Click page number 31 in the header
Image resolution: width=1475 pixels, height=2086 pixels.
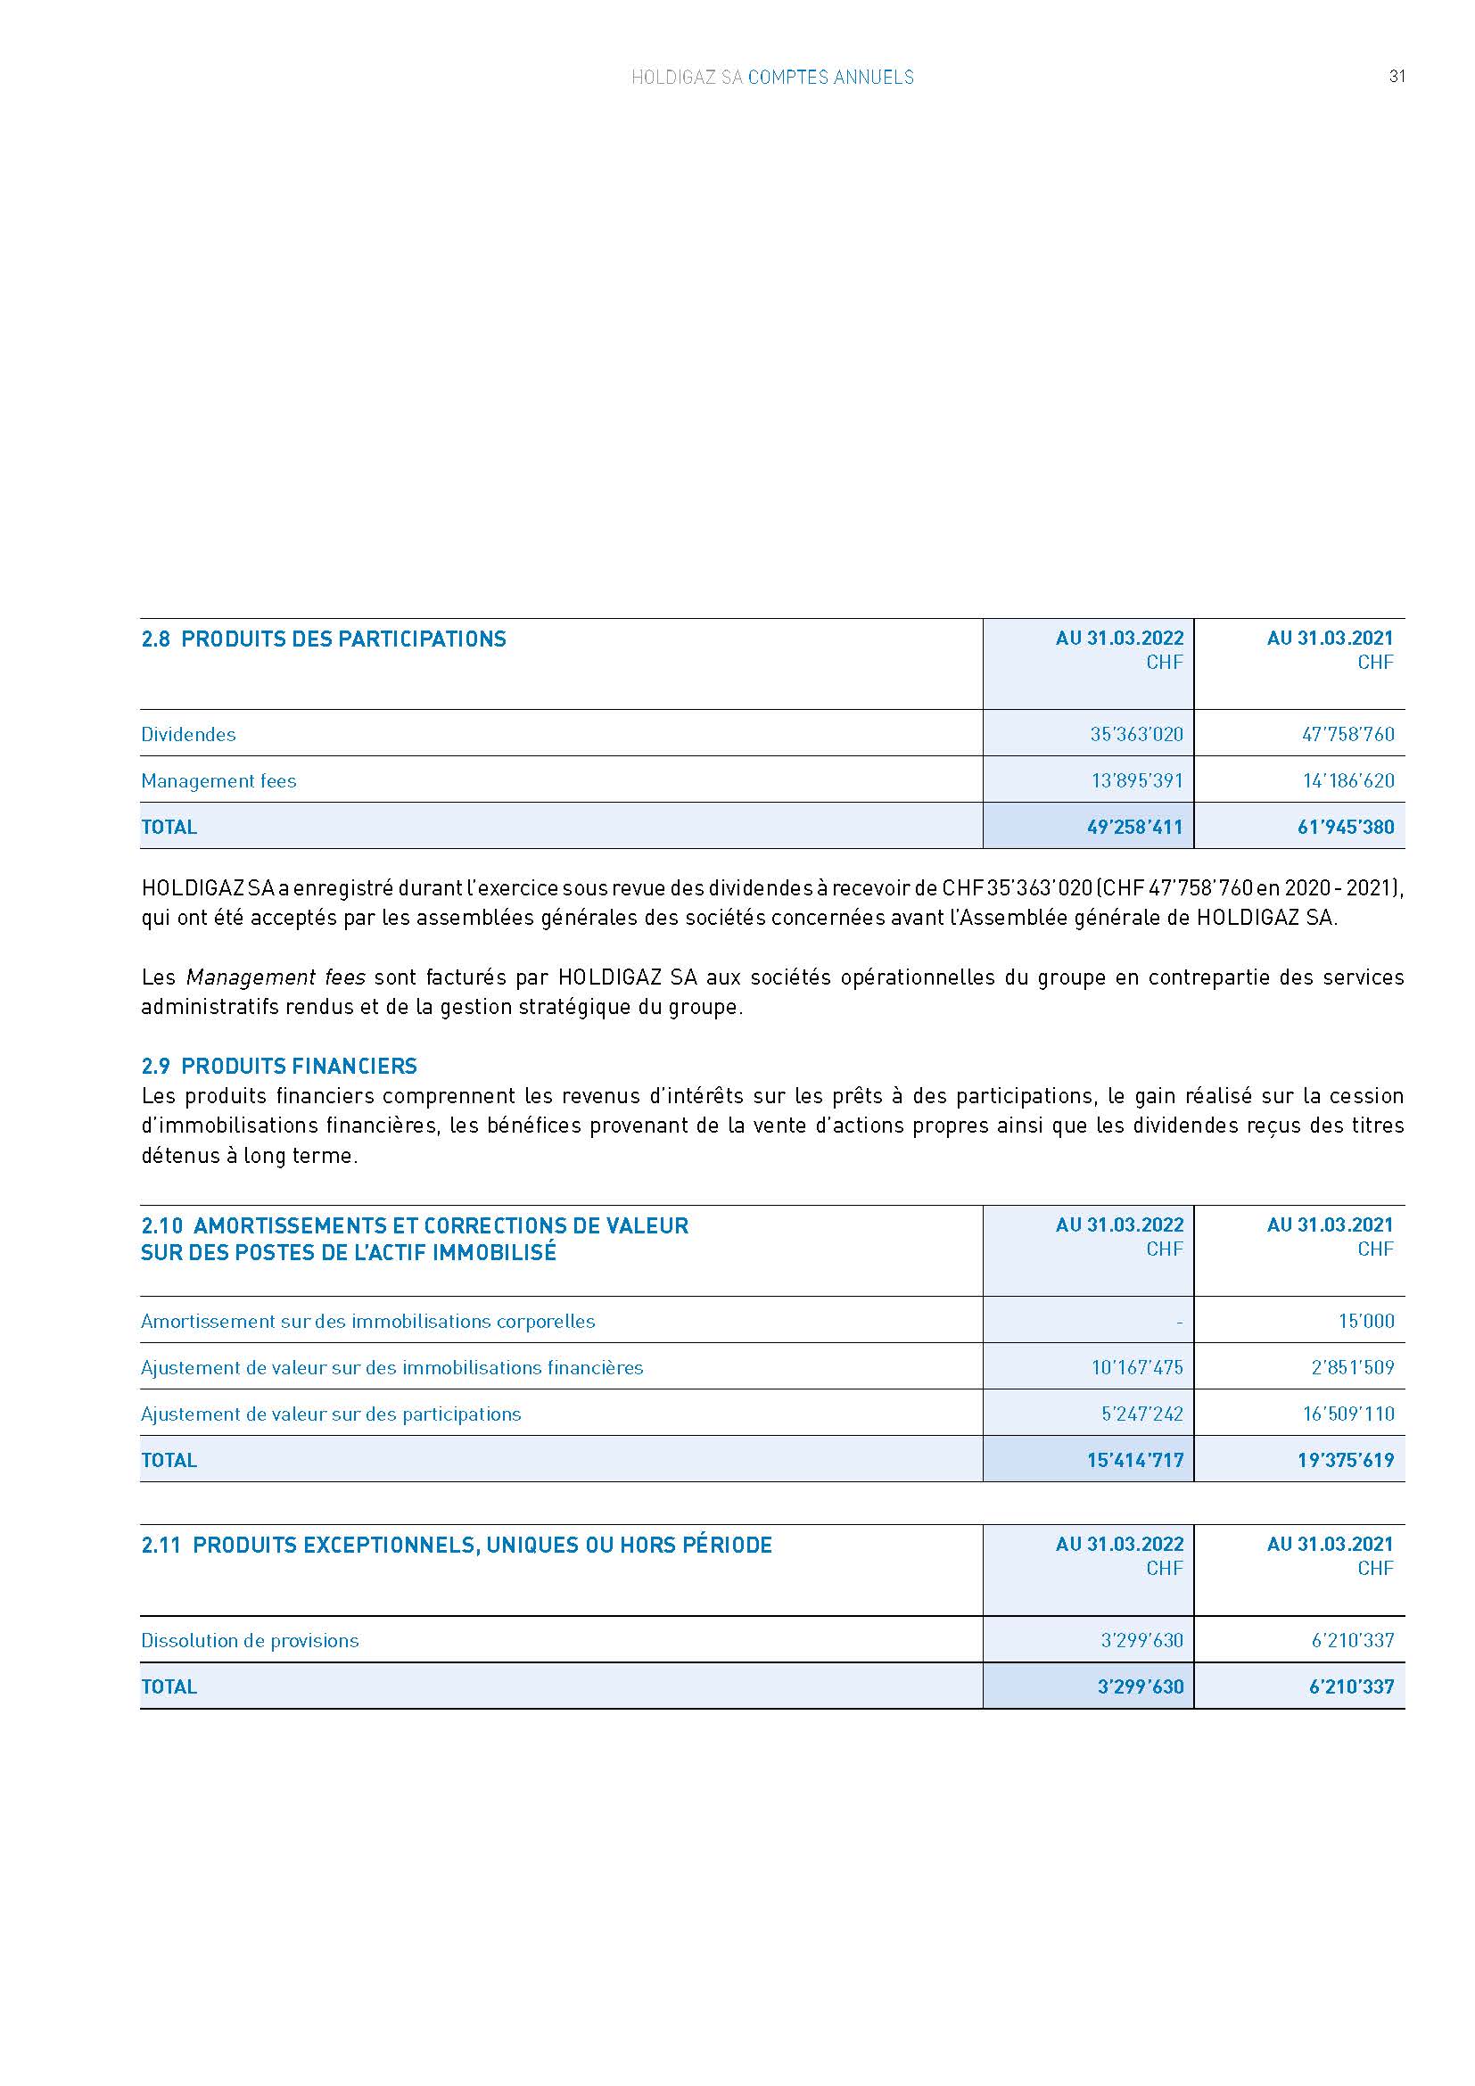point(1397,77)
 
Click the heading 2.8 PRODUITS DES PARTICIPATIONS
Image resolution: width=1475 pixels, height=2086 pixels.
point(324,639)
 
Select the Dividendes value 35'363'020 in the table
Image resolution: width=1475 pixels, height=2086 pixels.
point(1136,734)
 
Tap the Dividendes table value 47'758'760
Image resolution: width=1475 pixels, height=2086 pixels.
point(1347,734)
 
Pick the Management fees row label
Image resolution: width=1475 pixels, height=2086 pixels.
point(218,780)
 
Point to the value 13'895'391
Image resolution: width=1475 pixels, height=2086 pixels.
point(1136,780)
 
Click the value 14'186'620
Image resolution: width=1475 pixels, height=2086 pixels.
point(1347,780)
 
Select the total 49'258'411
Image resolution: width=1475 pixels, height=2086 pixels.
point(1134,827)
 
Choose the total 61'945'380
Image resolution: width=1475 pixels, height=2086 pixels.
point(1346,827)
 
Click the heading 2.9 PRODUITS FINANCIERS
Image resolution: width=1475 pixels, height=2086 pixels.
point(279,1066)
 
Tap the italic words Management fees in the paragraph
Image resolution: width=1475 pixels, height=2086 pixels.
point(276,977)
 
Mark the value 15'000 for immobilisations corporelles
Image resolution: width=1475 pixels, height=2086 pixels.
point(1366,1321)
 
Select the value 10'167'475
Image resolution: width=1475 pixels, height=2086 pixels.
point(1137,1367)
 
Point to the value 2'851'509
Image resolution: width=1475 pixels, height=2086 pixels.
point(1353,1367)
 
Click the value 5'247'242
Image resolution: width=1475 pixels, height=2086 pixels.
point(1141,1414)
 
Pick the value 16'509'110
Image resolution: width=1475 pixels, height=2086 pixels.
point(1347,1414)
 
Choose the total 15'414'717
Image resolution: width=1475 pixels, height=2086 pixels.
point(1134,1460)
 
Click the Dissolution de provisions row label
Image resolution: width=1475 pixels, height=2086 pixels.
point(250,1640)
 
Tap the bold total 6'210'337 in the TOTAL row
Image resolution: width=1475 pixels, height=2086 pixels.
point(1351,1686)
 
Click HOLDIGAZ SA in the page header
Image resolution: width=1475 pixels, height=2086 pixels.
point(687,78)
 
